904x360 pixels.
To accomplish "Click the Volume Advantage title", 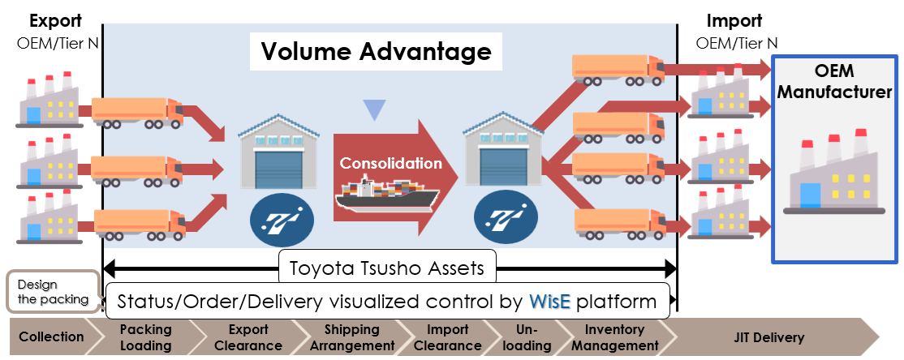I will tap(376, 52).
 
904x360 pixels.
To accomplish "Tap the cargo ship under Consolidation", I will tap(387, 198).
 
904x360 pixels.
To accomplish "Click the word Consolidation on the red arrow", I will tap(391, 163).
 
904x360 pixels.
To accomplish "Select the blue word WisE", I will tap(553, 302).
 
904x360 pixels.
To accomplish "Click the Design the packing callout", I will tap(50, 292).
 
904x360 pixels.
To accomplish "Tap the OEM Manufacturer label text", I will tap(836, 82).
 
